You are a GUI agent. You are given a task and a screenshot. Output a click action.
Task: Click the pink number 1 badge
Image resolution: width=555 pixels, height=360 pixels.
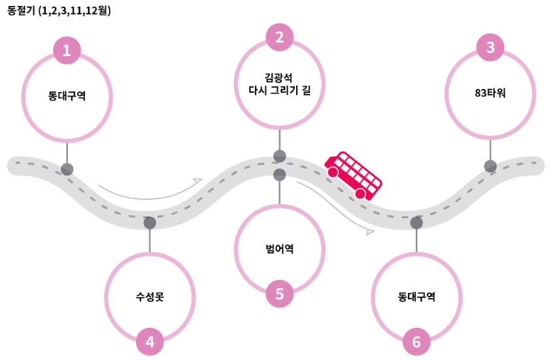coord(67,50)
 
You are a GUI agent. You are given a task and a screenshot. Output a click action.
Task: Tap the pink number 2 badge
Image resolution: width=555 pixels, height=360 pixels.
coord(280,37)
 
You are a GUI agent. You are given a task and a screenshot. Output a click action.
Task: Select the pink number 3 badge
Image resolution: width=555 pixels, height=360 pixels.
coord(490,47)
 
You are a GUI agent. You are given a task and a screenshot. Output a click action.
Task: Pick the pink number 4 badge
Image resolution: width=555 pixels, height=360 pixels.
coord(150,341)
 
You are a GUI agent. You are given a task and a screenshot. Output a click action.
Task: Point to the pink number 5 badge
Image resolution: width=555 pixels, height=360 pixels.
coord(280,294)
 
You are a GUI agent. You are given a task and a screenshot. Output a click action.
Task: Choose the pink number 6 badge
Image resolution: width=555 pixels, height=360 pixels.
coord(416,341)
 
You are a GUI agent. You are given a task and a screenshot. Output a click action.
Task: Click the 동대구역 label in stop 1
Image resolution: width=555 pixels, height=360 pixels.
coord(67,95)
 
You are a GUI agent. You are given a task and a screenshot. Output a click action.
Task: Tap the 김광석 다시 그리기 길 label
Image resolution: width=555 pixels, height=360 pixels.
coord(280,84)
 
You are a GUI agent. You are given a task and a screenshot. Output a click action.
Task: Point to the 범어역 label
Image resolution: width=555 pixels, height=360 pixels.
coord(280,248)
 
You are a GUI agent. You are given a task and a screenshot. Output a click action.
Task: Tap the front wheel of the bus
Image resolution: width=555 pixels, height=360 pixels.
coord(333,172)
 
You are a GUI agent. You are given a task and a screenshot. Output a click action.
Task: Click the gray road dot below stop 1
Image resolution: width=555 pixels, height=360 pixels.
coord(67,169)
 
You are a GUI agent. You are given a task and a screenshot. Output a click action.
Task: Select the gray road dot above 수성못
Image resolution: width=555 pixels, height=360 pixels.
coord(150,223)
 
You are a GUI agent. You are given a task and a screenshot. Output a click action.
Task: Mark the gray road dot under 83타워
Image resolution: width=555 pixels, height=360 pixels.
coord(490,166)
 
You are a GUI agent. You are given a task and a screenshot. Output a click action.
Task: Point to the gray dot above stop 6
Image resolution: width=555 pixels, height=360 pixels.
coord(416,223)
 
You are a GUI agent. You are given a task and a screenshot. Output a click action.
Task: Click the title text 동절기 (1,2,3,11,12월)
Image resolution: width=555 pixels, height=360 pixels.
coord(59,11)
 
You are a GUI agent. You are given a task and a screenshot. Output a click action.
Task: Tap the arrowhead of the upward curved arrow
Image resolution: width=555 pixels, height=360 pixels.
coord(198,180)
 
